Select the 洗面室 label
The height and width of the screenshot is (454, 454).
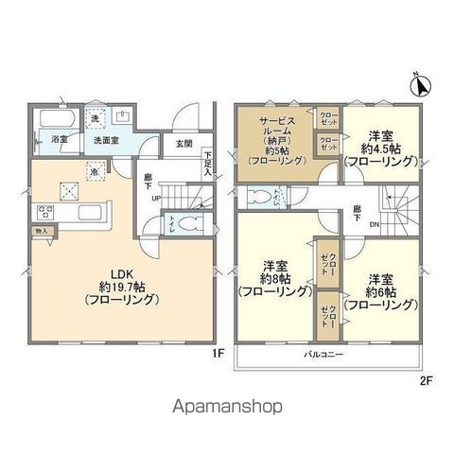[x=105, y=141]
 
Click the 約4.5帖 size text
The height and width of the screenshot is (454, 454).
[x=379, y=148]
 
